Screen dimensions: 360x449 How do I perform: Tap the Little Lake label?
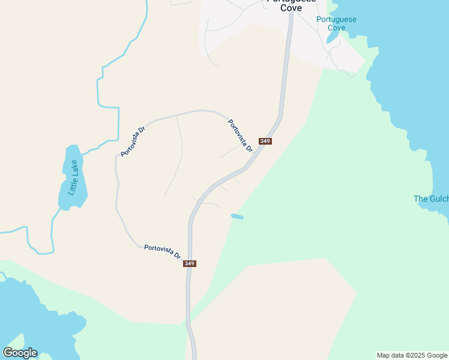[73, 178]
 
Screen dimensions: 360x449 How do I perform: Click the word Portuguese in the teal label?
[336, 19]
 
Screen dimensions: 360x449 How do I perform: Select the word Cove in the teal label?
[336, 28]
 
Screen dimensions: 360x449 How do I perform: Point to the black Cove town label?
[291, 8]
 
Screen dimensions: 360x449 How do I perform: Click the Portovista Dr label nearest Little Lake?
[133, 142]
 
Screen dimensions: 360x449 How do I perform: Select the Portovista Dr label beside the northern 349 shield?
[240, 136]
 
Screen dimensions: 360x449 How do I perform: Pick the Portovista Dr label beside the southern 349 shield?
[162, 251]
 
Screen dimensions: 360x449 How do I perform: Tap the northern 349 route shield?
[265, 142]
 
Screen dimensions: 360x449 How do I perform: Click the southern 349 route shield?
[190, 263]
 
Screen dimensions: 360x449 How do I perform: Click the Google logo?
[20, 353]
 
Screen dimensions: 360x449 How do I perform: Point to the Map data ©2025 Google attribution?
[412, 355]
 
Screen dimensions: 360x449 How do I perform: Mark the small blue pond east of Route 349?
[237, 216]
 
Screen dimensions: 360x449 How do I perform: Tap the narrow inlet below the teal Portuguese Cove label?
[332, 37]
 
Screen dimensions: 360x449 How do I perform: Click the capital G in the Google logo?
[8, 353]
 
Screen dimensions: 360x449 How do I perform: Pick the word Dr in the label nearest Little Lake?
[142, 130]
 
